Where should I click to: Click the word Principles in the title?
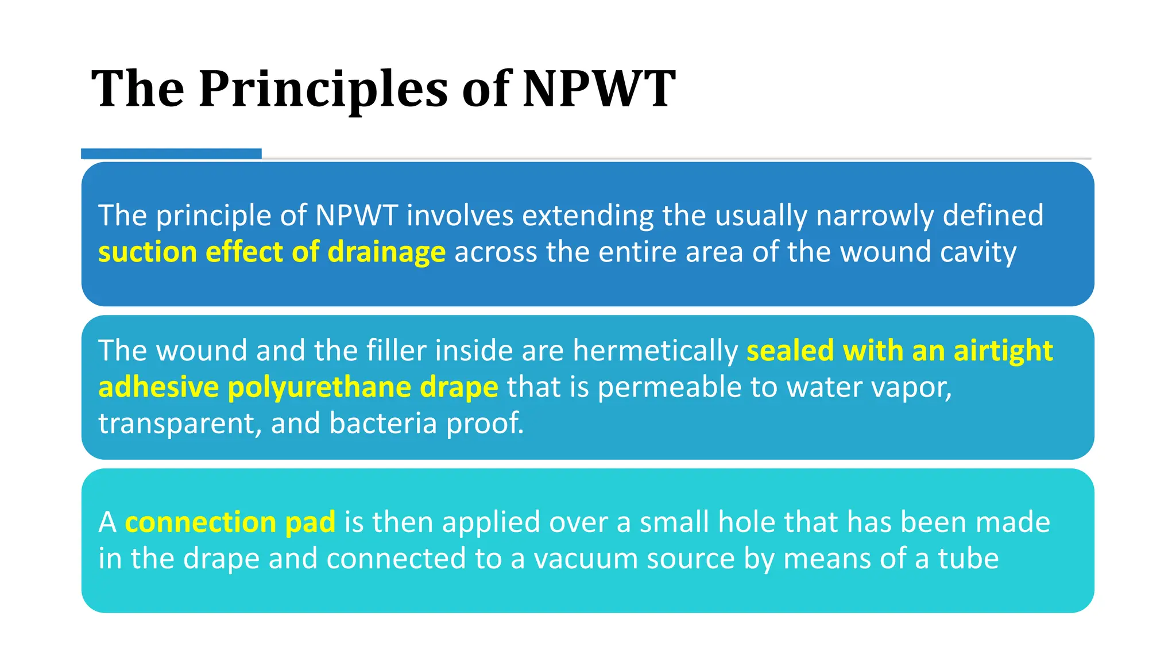coord(323,89)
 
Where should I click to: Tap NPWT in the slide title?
coord(598,89)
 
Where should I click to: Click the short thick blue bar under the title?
coord(171,153)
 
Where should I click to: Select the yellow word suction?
coord(148,252)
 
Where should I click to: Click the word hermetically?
coord(655,351)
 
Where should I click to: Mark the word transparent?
coord(179,424)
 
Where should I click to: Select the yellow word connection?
coord(200,522)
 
